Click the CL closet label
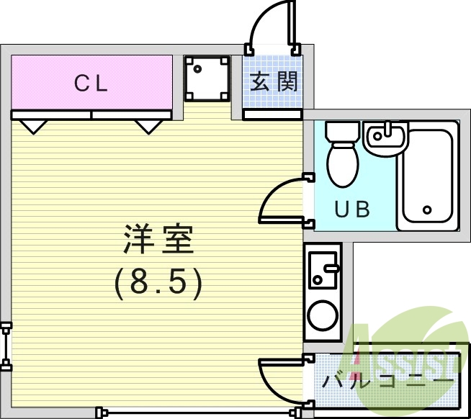pos(91,84)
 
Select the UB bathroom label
pos(353,209)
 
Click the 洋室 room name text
pos(159,239)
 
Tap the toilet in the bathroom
pos(342,163)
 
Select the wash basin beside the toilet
pos(386,138)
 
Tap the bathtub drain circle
pos(427,210)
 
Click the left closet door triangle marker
pos(33,127)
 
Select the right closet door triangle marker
pos(148,127)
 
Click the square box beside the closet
pos(207,79)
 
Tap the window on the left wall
pos(6,346)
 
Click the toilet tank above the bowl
pos(342,132)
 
